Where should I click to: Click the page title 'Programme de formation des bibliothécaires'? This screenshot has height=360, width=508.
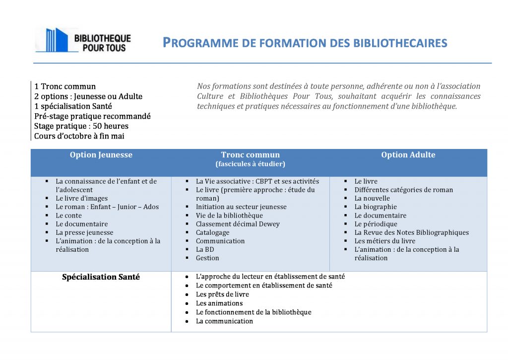[305, 43]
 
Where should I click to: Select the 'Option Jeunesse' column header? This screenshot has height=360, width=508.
[101, 155]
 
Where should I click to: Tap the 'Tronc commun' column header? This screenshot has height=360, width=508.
[250, 155]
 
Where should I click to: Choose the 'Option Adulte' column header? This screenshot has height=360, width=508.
[408, 155]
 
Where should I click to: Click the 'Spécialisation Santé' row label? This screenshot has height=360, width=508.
[101, 277]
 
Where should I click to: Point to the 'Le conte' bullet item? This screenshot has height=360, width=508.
[68, 216]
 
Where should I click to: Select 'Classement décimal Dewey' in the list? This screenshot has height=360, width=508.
[238, 224]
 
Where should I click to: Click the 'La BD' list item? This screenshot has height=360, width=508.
[205, 249]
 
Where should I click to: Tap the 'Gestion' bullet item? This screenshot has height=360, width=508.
[207, 258]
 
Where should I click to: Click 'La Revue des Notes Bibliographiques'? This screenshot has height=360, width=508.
[411, 232]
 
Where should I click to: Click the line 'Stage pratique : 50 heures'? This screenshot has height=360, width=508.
[81, 126]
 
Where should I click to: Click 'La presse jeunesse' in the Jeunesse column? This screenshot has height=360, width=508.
[84, 232]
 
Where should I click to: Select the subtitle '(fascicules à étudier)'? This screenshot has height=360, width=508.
[250, 164]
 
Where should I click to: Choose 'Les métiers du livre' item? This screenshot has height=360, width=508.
[384, 241]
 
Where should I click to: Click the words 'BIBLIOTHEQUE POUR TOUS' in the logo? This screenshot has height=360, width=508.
[102, 43]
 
